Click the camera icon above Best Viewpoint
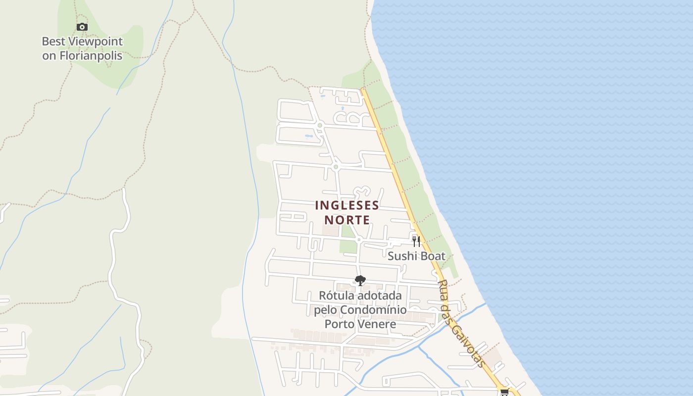[82, 27]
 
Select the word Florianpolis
[91, 55]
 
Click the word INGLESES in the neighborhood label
[347, 205]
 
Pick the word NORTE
[347, 220]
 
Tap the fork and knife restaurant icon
[416, 241]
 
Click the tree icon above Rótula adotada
[360, 281]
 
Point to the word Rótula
[335, 296]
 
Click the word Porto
[339, 324]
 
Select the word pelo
[325, 310]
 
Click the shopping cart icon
[504, 392]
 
